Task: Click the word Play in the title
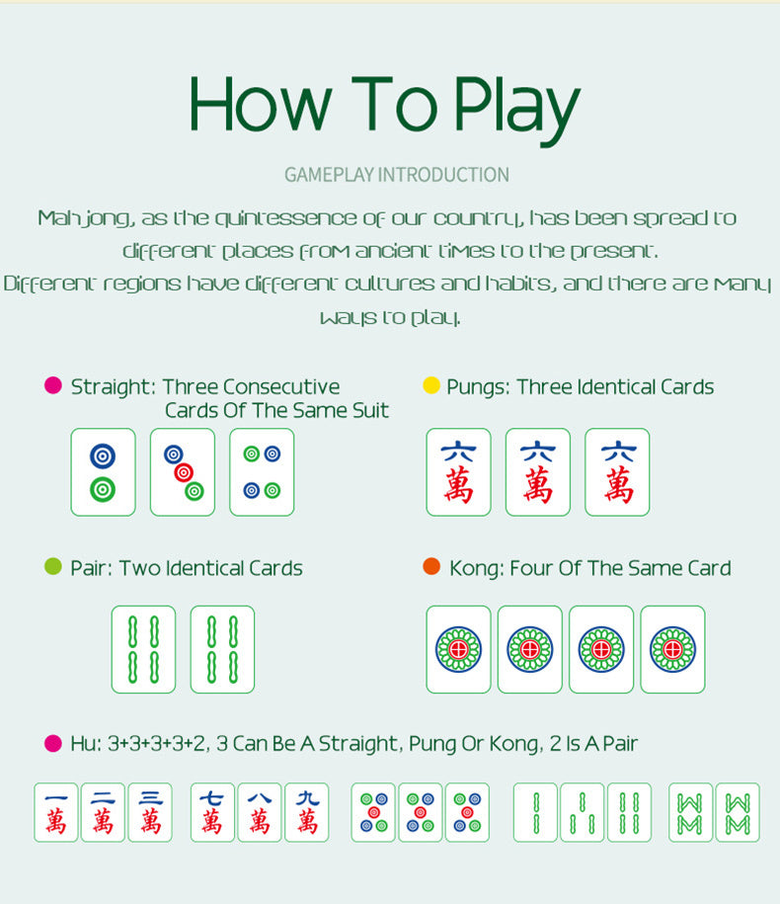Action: [516, 110]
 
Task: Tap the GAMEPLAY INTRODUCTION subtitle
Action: [397, 175]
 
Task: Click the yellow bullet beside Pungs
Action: [431, 385]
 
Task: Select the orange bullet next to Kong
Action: [431, 566]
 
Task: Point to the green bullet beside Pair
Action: [53, 566]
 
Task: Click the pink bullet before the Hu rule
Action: [53, 743]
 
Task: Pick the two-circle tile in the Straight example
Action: [103, 472]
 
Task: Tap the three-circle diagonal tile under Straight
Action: [183, 472]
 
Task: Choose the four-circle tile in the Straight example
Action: [262, 472]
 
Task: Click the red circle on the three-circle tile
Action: [184, 473]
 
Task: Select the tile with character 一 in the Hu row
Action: [56, 812]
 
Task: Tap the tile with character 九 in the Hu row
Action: [307, 812]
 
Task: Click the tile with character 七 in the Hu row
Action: [212, 812]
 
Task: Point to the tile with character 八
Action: [260, 812]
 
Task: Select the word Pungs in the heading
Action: [478, 387]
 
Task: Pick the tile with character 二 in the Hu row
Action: [103, 812]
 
